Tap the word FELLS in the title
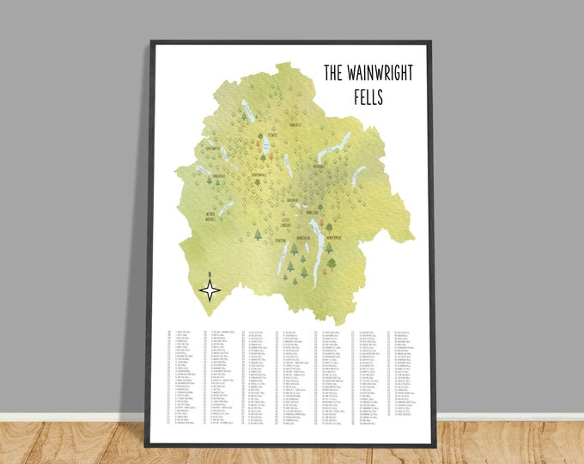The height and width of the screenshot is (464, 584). pos(371,98)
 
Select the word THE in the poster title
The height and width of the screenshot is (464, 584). pos(333,73)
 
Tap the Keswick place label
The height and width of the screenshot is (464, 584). pos(271,135)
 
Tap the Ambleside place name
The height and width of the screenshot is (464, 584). pos(313,211)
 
